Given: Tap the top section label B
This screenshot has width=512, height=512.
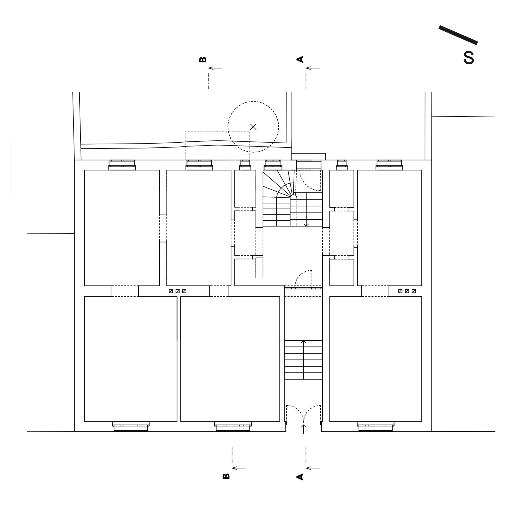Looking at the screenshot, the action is point(203,60).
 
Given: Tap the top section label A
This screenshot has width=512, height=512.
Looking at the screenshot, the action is point(300,59).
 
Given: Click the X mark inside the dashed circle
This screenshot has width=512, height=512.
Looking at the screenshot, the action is point(253,127).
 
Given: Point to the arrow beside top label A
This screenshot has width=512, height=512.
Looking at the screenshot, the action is point(313,68).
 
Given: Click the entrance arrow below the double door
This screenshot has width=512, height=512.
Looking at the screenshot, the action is point(304,429).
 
